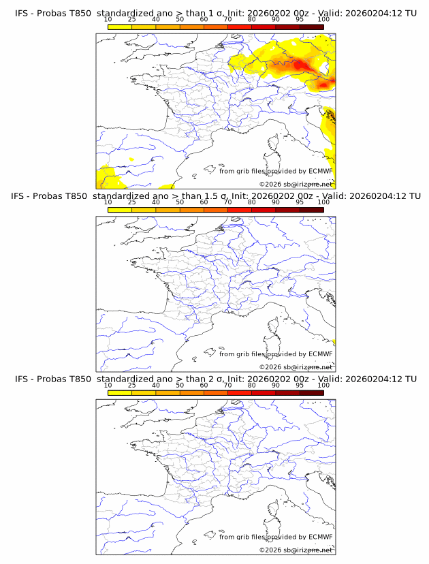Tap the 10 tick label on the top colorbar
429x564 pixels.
(108, 20)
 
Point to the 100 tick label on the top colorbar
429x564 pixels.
(323, 20)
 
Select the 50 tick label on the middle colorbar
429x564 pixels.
(180, 202)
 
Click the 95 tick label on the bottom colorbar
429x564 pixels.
(300, 385)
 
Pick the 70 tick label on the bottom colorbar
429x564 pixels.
(227, 385)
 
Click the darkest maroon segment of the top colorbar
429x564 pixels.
(311, 27)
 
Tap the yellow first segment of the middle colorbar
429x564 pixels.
(120, 210)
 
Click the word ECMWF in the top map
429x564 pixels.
(320, 171)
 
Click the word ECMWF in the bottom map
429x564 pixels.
(320, 537)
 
